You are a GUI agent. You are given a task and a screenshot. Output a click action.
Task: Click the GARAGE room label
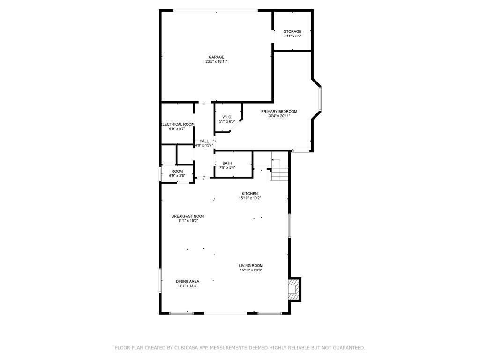pos(216,57)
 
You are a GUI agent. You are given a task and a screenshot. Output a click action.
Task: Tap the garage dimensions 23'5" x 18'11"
pos(216,61)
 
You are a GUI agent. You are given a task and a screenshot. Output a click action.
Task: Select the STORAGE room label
pos(292,32)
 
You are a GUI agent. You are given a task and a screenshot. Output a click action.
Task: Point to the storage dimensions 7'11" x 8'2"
pos(292,36)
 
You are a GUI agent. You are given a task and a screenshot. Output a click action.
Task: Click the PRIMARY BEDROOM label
pos(279,112)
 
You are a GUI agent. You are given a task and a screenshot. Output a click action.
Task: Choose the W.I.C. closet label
pos(227,117)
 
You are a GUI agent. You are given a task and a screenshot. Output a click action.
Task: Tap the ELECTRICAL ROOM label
pos(178,124)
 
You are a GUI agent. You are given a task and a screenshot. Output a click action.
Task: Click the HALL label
pos(204,141)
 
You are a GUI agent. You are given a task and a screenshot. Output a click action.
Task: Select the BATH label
pos(227,163)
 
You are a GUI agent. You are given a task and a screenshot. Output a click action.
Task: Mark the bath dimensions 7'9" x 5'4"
pos(227,167)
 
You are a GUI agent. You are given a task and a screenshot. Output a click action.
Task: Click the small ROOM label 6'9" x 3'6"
pos(177,172)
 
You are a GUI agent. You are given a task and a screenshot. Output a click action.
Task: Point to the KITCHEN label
pos(250,194)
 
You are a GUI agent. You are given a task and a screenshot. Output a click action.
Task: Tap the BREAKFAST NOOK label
pos(188,216)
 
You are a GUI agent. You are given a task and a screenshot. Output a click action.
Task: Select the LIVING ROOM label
pos(251,266)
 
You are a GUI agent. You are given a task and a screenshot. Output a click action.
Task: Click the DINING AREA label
pos(188,281)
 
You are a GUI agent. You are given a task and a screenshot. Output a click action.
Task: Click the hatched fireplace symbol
pos(293,289)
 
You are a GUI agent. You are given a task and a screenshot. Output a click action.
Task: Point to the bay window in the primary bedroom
pos(320,99)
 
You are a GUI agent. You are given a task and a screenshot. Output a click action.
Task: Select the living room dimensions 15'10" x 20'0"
pos(251,270)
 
